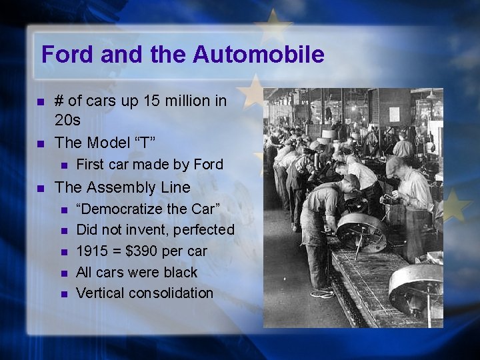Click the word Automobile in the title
[x=259, y=54]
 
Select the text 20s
[x=67, y=121]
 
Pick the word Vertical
[x=99, y=293]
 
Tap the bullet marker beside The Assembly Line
[x=41, y=188]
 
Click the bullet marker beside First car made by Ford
[x=63, y=165]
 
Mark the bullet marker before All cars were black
[x=63, y=273]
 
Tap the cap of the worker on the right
[x=395, y=163]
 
